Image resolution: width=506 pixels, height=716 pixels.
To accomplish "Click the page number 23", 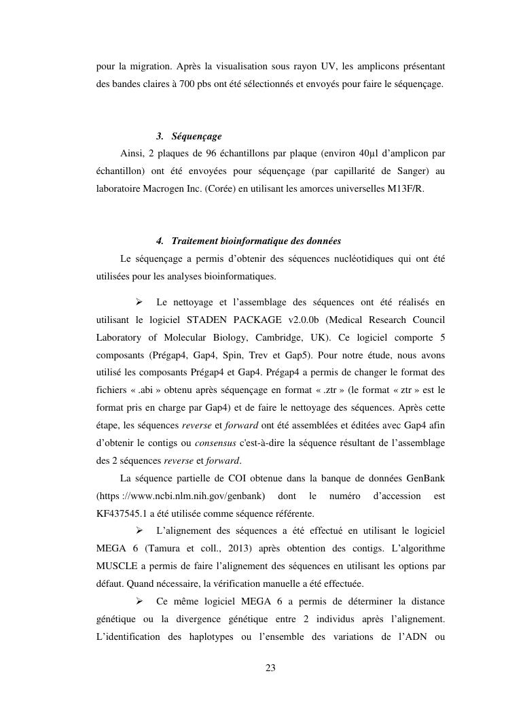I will [x=270, y=668].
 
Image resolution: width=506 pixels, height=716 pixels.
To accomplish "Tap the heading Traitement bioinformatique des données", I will [x=256, y=241].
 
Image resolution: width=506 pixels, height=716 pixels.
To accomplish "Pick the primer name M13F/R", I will [x=405, y=189].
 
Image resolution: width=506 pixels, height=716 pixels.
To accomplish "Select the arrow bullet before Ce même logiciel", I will [x=139, y=601].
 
